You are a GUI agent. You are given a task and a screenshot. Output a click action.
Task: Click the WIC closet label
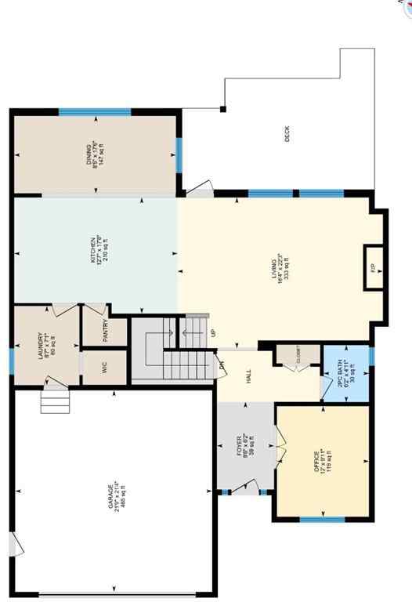pyautogui.click(x=104, y=367)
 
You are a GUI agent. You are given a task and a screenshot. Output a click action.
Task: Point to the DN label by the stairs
pyautogui.click(x=222, y=364)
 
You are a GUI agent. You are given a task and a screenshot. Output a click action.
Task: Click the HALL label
pyautogui.click(x=249, y=377)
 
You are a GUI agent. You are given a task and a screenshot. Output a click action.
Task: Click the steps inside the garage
pyautogui.click(x=55, y=401)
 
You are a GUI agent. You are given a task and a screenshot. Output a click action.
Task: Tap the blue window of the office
pyautogui.click(x=322, y=519)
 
